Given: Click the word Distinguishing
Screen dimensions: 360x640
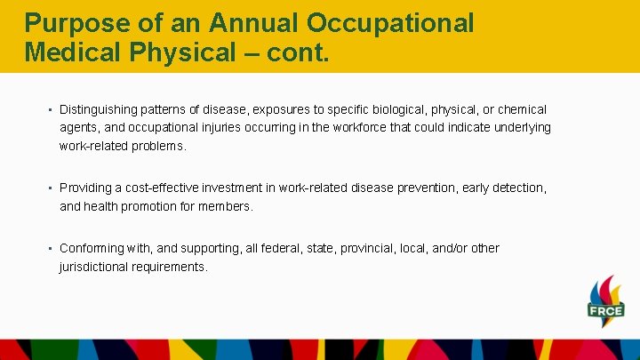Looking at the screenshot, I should [x=99, y=109].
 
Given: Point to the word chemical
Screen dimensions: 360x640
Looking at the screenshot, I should [x=522, y=109].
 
